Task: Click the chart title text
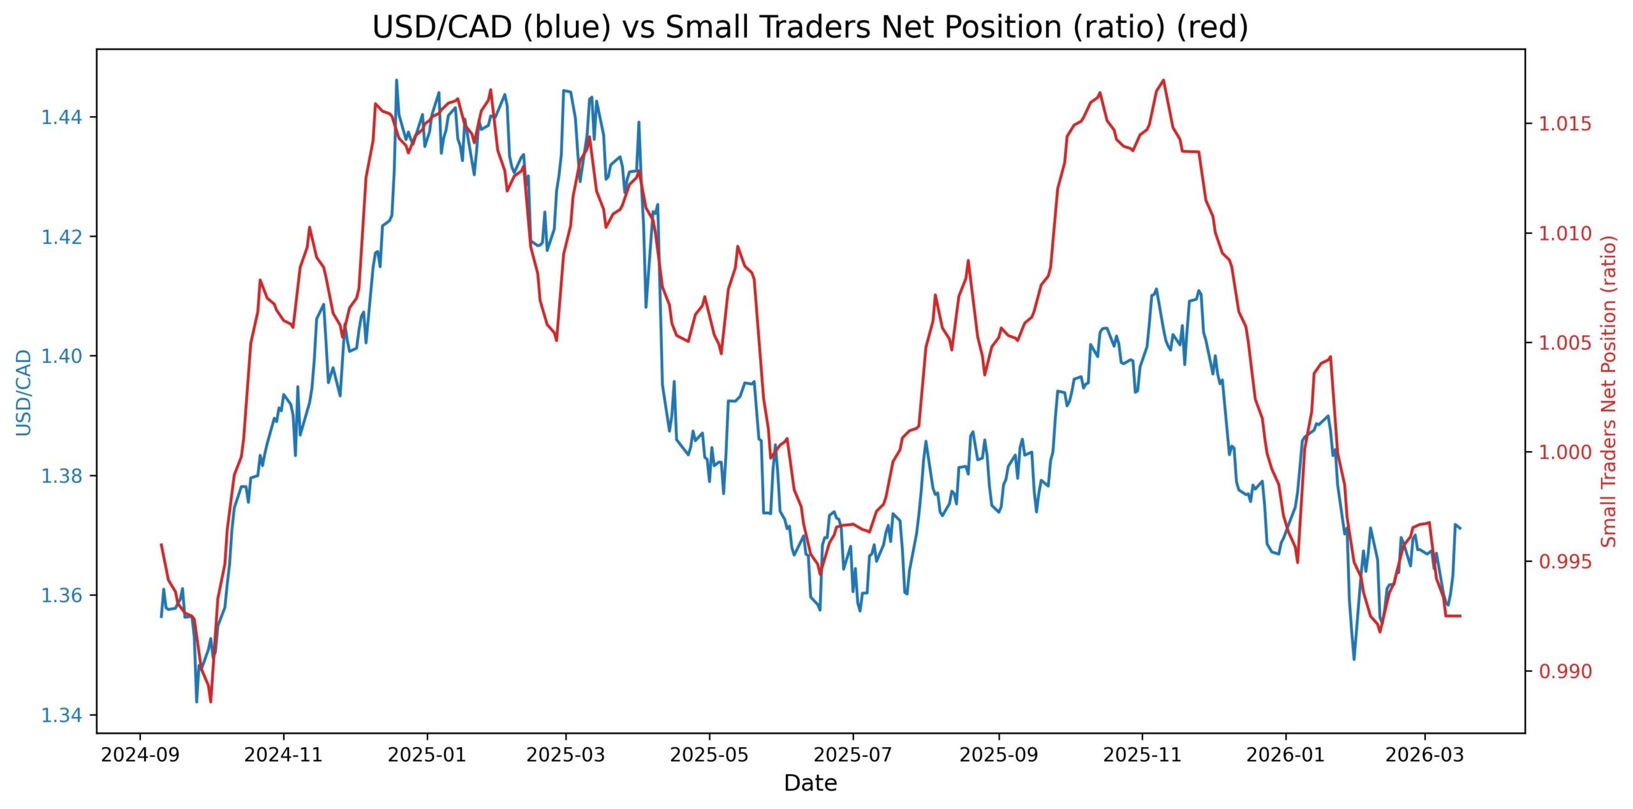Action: (x=810, y=27)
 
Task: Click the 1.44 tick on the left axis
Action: (x=61, y=117)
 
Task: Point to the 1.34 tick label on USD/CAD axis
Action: (x=61, y=715)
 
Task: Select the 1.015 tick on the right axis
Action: (x=1564, y=124)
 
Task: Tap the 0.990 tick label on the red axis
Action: (x=1564, y=671)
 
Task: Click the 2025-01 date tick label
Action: (x=427, y=755)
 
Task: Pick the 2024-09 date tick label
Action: (x=140, y=755)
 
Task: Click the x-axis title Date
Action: (x=810, y=783)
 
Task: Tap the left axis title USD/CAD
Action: (x=24, y=392)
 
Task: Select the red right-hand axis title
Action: (x=1609, y=391)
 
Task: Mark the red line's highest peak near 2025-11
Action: (x=1164, y=80)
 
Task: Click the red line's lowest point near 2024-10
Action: (x=211, y=702)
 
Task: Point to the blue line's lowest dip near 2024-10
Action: (x=196, y=702)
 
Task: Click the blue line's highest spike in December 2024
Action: (x=396, y=80)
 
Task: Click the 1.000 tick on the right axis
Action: (x=1564, y=452)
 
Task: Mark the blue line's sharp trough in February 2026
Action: (x=1354, y=659)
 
